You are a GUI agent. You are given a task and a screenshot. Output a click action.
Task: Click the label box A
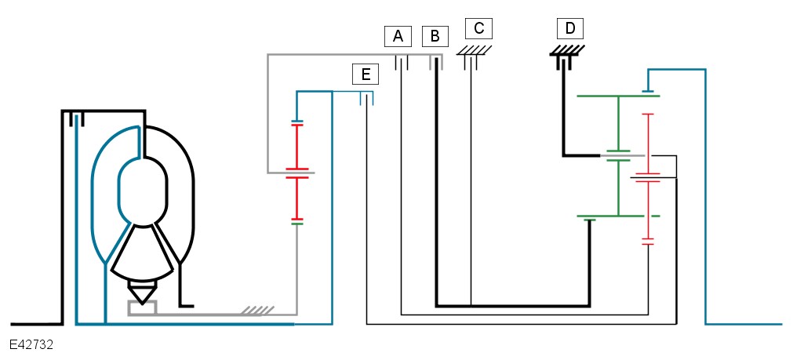(398, 35)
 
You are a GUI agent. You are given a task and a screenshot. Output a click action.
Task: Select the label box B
(435, 35)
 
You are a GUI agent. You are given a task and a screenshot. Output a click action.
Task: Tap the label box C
(478, 29)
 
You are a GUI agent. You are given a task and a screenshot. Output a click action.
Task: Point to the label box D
(570, 29)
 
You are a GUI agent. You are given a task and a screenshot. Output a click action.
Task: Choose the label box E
(365, 74)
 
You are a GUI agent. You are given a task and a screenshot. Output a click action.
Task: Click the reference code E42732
(31, 344)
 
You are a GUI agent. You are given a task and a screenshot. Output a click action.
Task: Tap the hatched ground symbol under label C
(475, 49)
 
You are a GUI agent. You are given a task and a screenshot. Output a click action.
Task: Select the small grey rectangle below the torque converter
(142, 307)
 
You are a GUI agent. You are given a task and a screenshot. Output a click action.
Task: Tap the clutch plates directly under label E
(366, 98)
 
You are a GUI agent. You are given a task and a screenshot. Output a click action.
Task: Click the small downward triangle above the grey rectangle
(142, 294)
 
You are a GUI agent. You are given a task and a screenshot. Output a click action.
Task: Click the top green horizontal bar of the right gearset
(618, 96)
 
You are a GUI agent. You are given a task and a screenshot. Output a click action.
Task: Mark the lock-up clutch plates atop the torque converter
(75, 119)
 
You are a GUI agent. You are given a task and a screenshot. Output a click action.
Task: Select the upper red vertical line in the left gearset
(296, 145)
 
